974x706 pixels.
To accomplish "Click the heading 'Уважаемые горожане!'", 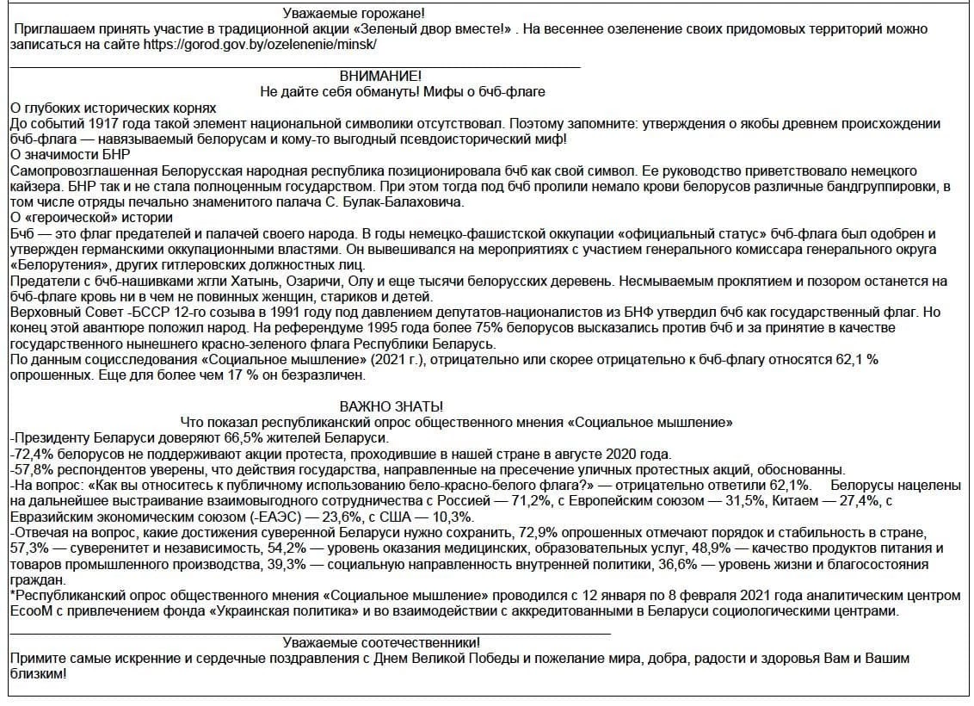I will click(354, 14).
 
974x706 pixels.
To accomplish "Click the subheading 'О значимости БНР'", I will click(69, 155).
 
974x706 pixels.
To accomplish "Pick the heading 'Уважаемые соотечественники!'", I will click(381, 642).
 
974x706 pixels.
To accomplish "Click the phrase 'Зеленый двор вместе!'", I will click(450, 28).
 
